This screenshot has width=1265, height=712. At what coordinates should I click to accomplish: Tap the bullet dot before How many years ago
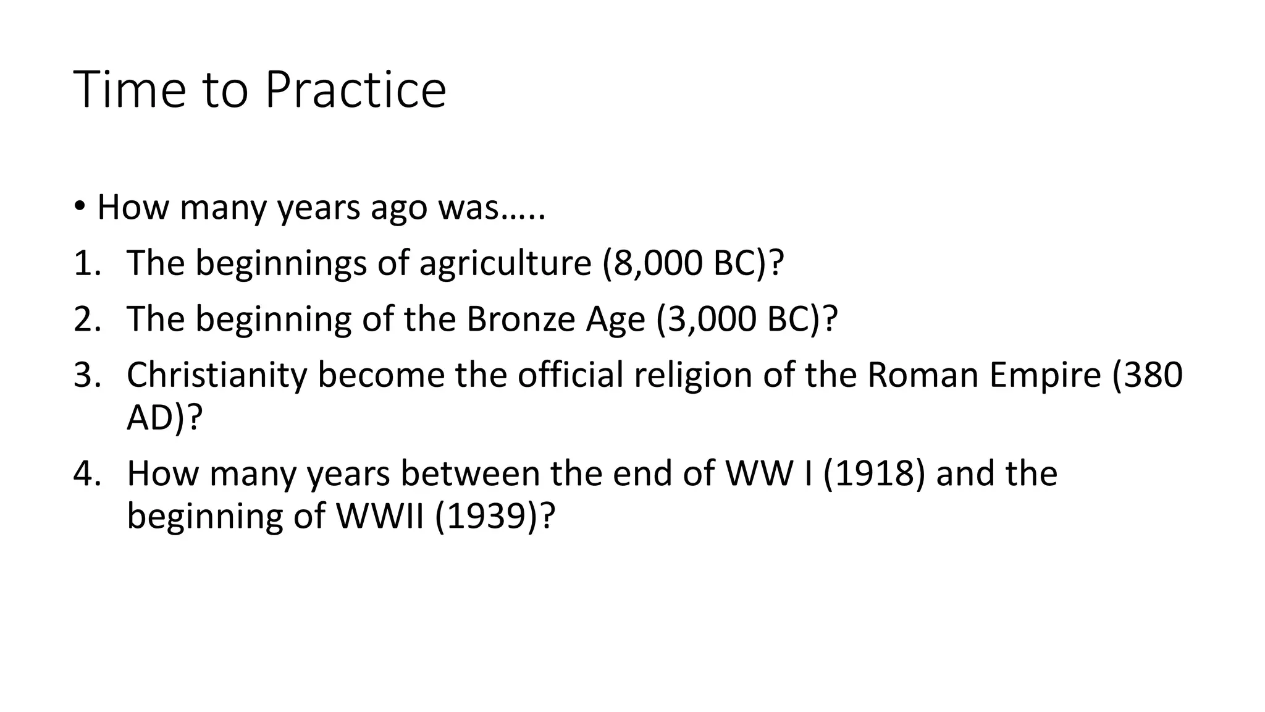[x=79, y=206]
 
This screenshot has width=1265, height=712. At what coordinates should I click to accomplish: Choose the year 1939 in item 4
[x=486, y=517]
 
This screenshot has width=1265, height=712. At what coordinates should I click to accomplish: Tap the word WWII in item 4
[x=380, y=517]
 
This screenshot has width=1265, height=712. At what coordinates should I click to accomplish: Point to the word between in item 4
[x=470, y=474]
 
